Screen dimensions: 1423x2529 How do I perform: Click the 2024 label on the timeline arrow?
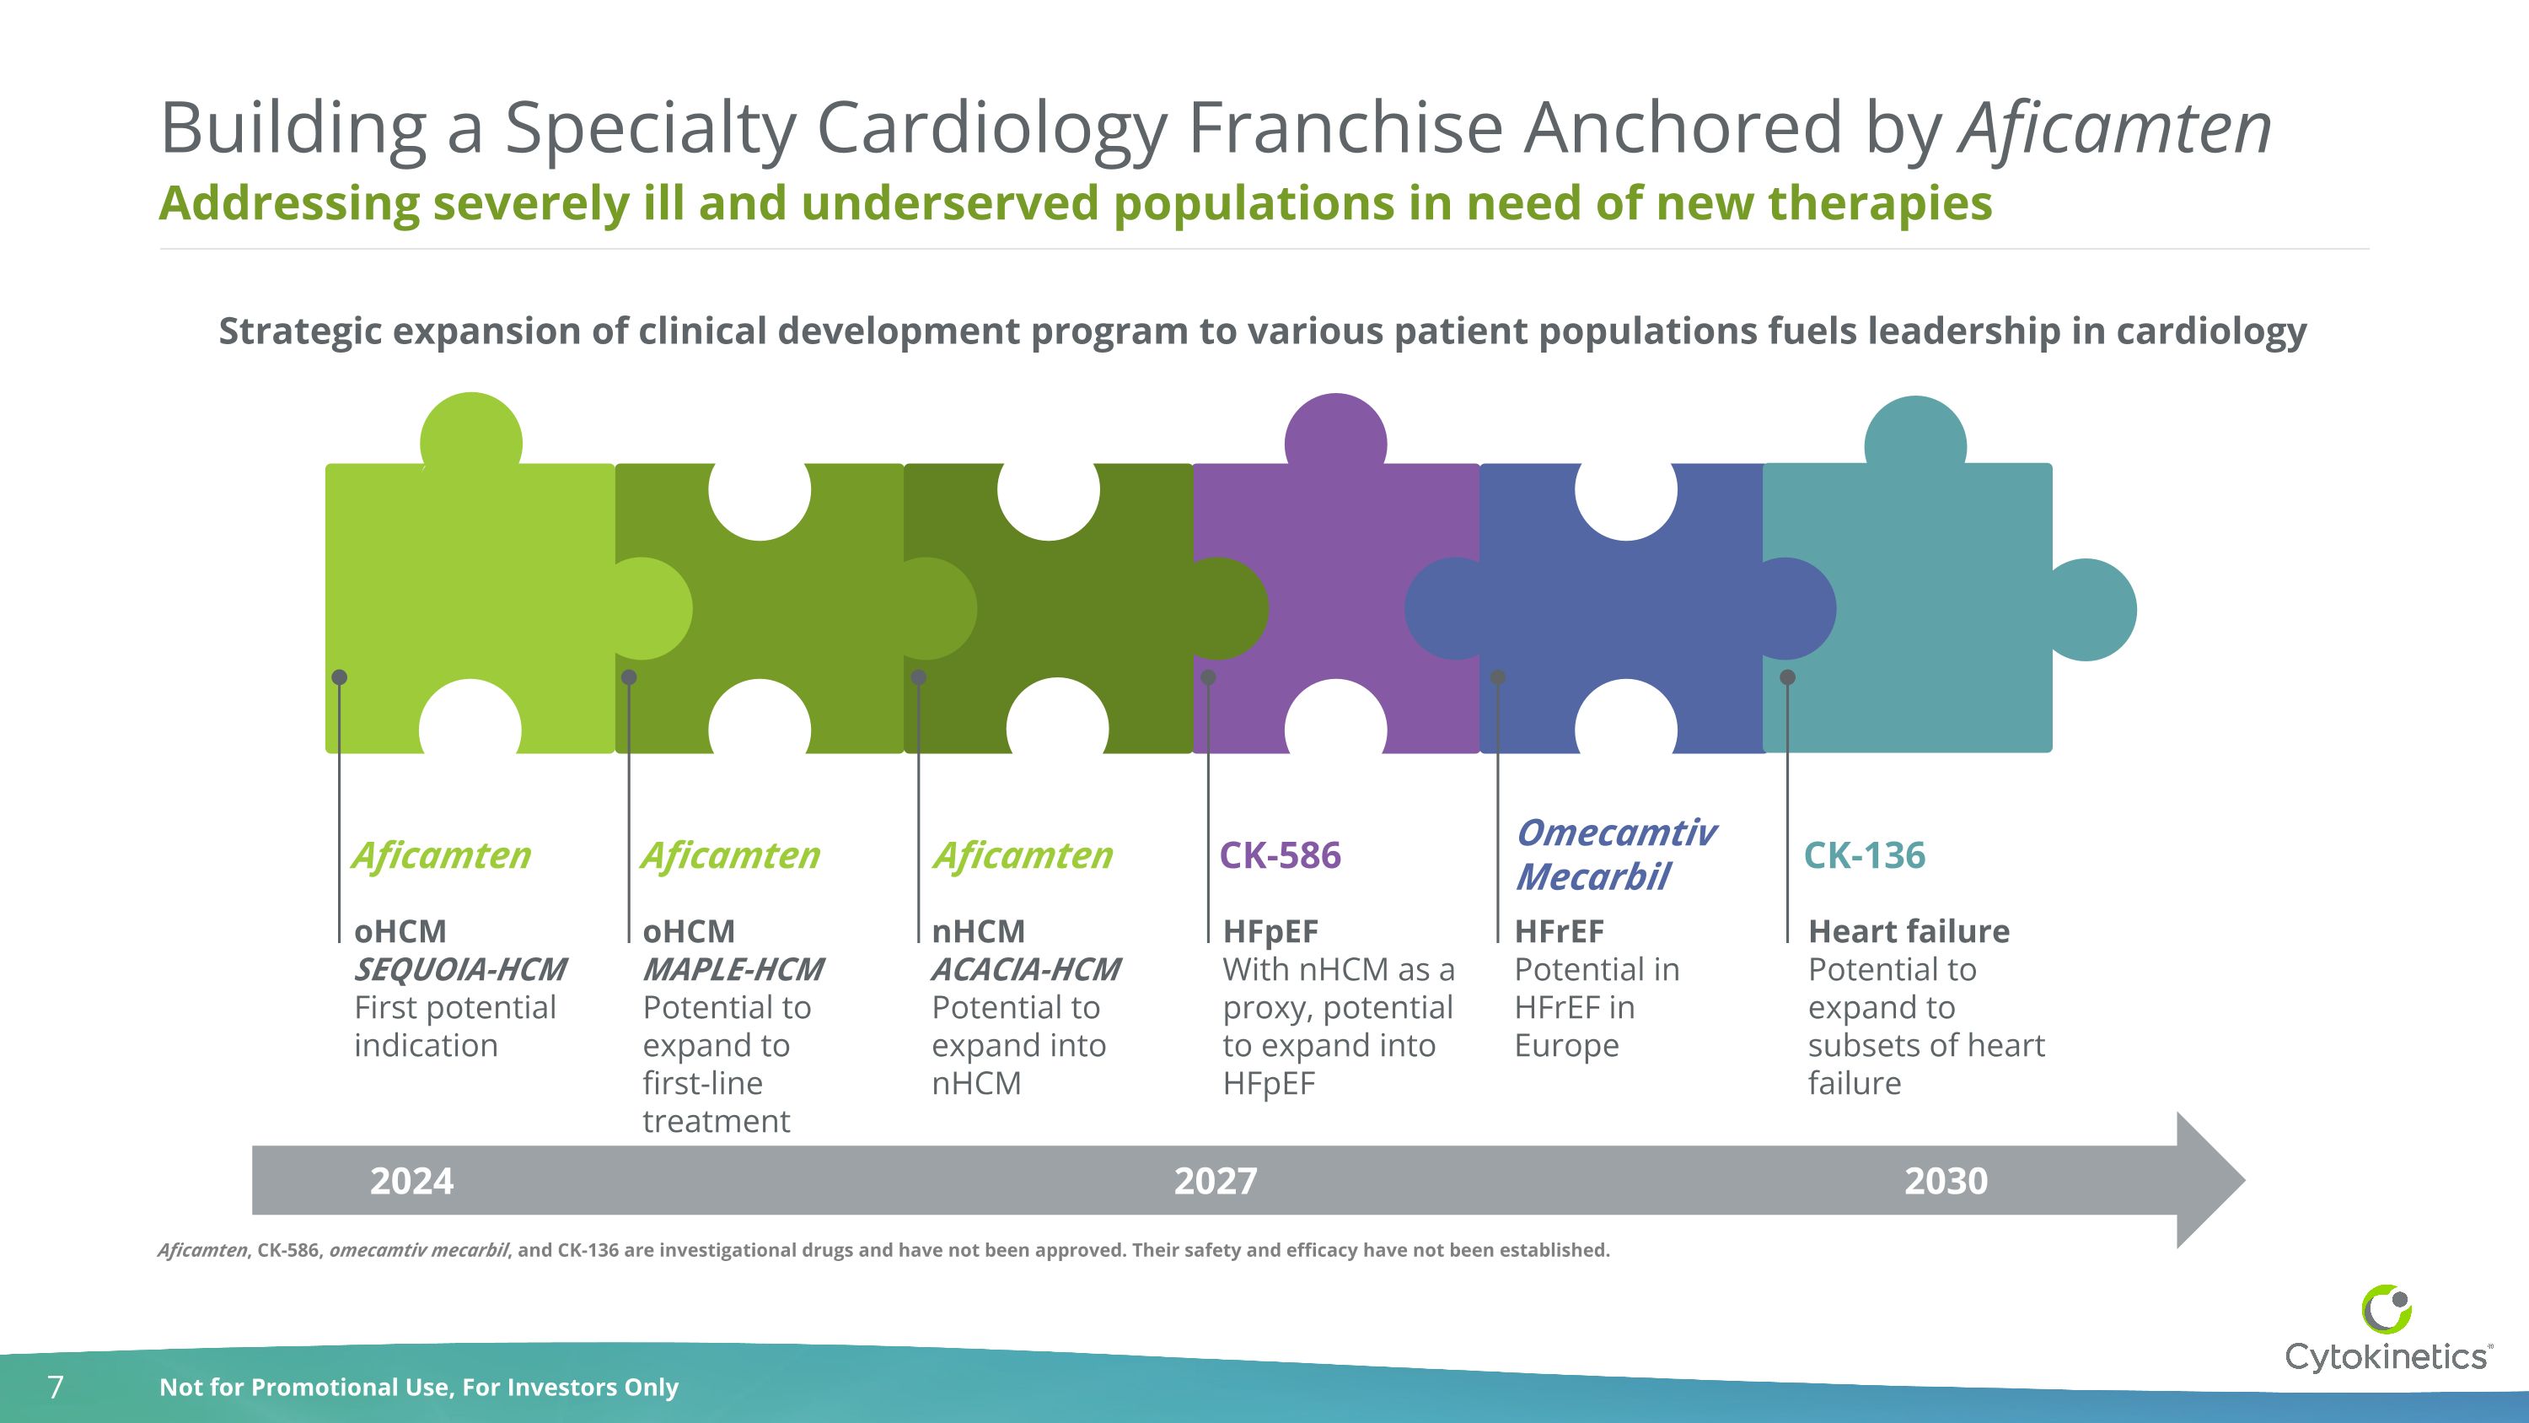[x=411, y=1180]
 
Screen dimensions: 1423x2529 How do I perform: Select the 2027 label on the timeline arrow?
[x=1216, y=1180]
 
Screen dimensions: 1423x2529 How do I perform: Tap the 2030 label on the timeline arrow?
[x=1946, y=1180]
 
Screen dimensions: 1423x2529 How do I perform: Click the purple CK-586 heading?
[x=1279, y=855]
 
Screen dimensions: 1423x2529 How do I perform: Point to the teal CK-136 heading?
[x=1865, y=855]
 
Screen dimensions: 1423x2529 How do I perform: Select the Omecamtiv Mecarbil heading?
[x=1615, y=854]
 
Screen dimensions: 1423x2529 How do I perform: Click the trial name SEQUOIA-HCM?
[x=459, y=969]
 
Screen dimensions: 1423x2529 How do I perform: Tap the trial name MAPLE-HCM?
[x=733, y=969]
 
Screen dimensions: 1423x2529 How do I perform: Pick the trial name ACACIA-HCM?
[x=1025, y=969]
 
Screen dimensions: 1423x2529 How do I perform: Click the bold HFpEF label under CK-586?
[x=1270, y=931]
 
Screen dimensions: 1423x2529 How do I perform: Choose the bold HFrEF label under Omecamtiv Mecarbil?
[x=1559, y=931]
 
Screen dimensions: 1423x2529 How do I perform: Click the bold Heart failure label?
[x=1909, y=931]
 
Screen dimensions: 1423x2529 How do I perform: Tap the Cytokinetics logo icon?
[x=2386, y=1310]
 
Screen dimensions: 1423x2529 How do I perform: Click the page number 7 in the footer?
[x=56, y=1387]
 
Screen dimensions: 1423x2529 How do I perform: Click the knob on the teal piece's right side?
[x=2093, y=610]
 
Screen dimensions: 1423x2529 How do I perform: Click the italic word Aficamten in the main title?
[x=2115, y=129]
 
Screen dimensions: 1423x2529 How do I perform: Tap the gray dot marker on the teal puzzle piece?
[x=1788, y=676]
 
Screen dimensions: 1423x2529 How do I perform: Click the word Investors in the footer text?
[x=560, y=1387]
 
